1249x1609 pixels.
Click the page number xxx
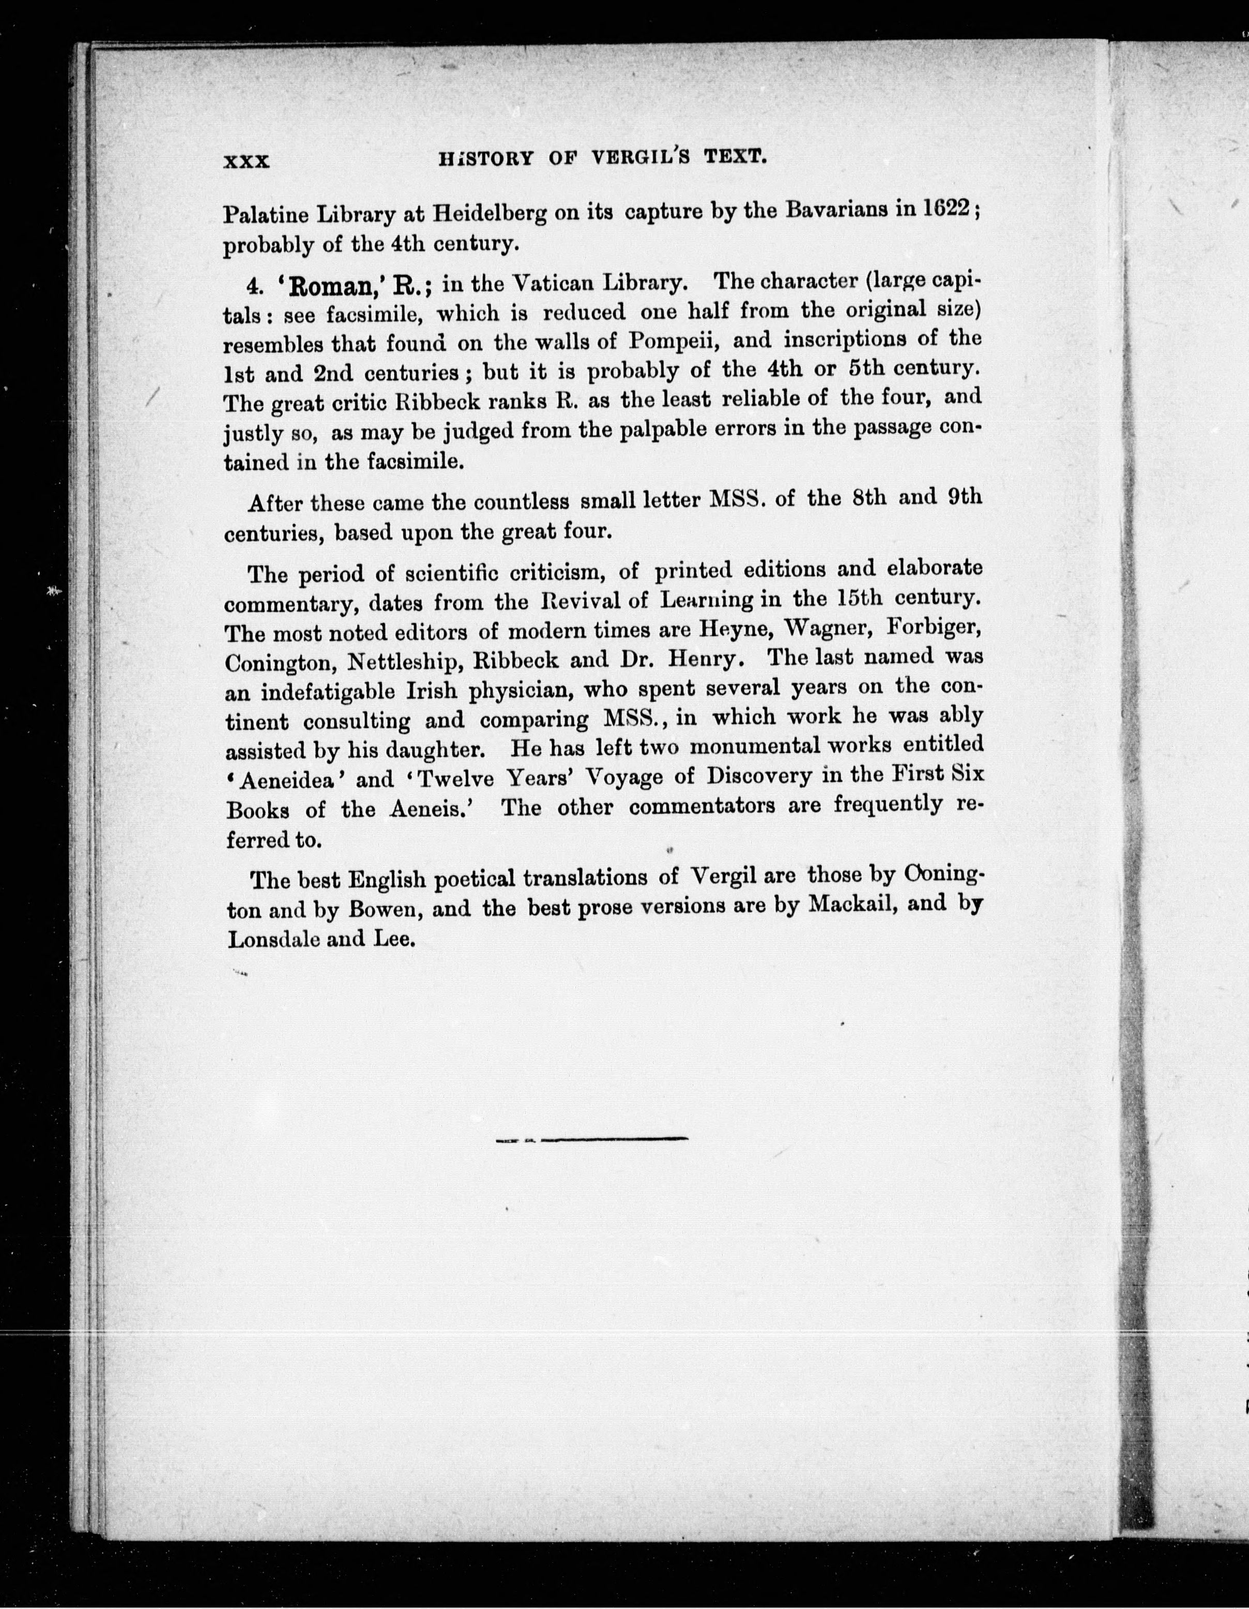tap(247, 161)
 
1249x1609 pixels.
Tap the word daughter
tap(427, 750)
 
